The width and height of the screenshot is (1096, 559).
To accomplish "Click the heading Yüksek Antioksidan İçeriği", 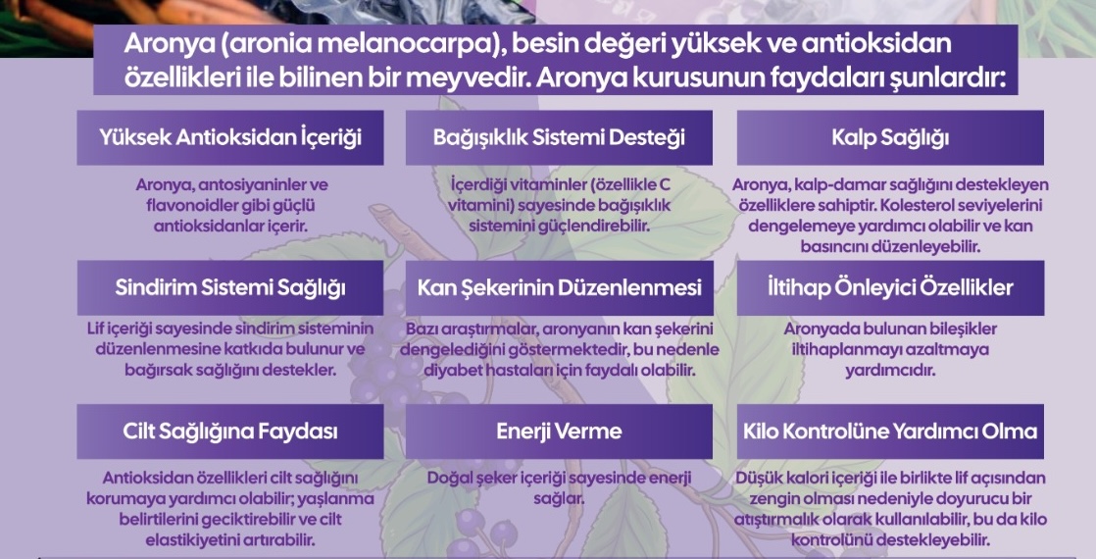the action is [x=230, y=137].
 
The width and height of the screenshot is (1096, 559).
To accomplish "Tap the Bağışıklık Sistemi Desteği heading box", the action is [x=559, y=137].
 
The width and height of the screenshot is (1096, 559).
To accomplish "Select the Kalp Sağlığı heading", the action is [x=890, y=137].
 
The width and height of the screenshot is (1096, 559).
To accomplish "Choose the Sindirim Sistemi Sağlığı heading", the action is [x=230, y=287].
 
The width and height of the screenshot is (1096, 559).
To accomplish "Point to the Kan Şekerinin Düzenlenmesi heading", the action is [x=559, y=287].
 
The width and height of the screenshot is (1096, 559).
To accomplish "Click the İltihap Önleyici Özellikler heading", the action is [x=890, y=287].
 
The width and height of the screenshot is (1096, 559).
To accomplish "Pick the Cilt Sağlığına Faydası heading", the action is [x=230, y=431].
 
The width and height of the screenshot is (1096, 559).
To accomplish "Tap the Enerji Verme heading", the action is [x=559, y=431].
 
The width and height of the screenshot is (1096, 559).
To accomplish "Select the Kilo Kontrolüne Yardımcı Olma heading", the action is [x=890, y=431].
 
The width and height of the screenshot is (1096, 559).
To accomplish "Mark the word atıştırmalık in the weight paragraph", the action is [x=773, y=519].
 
